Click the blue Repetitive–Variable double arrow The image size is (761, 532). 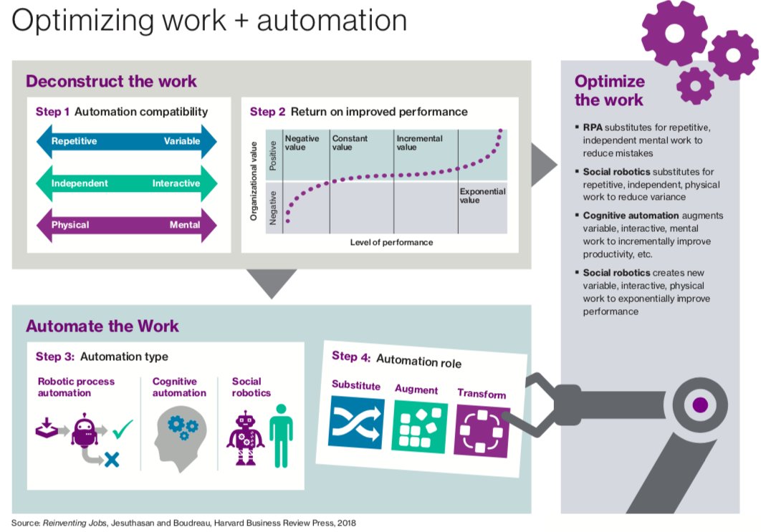[x=126, y=141]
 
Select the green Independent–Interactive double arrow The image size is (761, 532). [x=126, y=183]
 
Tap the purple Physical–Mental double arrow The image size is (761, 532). [x=126, y=225]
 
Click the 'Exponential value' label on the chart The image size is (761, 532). [x=482, y=195]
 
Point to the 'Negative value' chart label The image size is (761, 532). [x=302, y=142]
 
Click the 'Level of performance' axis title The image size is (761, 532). [x=391, y=242]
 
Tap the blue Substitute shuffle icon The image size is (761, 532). [x=356, y=422]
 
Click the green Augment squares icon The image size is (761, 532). [x=419, y=427]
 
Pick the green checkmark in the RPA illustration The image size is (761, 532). [x=123, y=430]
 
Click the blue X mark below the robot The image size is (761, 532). [x=111, y=460]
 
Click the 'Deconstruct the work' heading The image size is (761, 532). [x=111, y=81]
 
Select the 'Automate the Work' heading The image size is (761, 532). [x=102, y=326]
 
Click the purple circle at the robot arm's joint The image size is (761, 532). [x=700, y=405]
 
